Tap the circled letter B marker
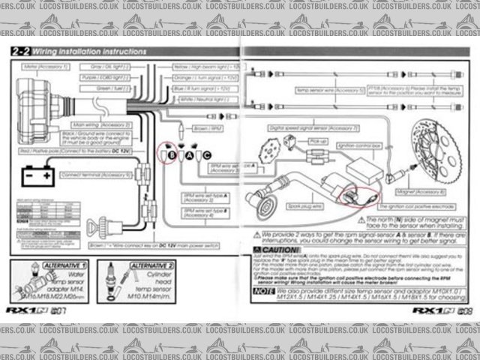[x=172, y=154]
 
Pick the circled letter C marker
[x=207, y=154]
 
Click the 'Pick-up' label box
[x=318, y=141]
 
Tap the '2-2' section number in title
[x=21, y=52]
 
